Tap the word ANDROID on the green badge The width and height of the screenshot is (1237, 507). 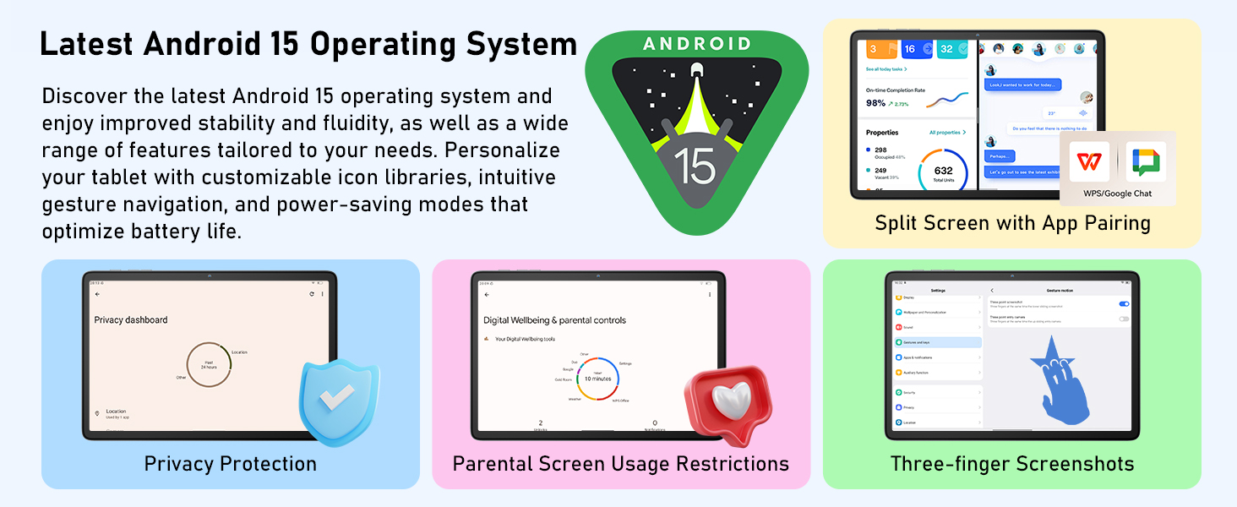[x=696, y=44]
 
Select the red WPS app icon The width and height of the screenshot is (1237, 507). [x=1089, y=161]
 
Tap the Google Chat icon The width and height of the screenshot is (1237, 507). [x=1146, y=161]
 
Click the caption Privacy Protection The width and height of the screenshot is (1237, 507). [x=230, y=464]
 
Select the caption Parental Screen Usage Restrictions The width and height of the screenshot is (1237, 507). [x=621, y=464]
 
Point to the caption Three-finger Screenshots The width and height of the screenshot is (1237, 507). [x=1011, y=464]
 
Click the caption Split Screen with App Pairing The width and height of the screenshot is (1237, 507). [x=1012, y=223]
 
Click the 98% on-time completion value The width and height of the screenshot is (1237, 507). [x=875, y=103]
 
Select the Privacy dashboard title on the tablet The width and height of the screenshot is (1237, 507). [x=131, y=320]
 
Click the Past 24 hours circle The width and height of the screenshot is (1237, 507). [x=208, y=365]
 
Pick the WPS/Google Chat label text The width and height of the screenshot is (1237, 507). [x=1117, y=194]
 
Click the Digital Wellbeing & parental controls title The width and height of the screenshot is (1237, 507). [x=554, y=320]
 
